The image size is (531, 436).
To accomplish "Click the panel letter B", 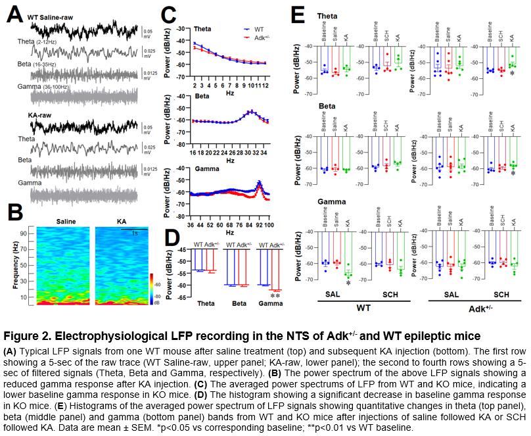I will [x=14, y=214].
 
